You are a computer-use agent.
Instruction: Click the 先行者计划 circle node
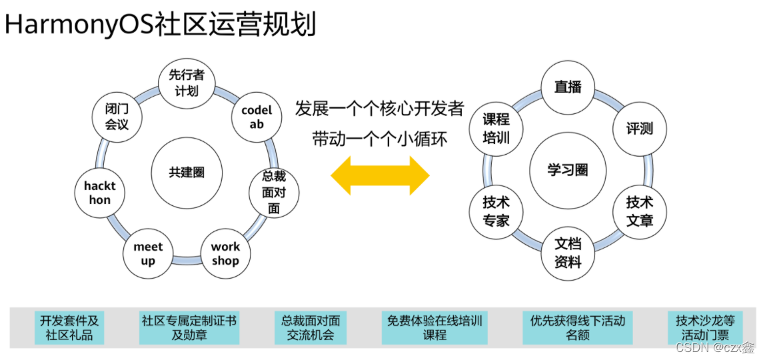[187, 83]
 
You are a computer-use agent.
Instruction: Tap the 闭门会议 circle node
[117, 117]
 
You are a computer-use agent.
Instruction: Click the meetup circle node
[148, 253]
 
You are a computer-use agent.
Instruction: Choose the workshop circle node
[225, 253]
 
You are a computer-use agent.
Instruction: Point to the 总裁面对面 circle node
[273, 192]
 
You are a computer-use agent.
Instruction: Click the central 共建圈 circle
[187, 172]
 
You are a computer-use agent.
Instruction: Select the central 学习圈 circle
[568, 170]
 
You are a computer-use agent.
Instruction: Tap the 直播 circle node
[568, 87]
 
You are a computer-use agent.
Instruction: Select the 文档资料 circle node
[568, 253]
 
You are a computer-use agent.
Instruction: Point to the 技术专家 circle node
[496, 211]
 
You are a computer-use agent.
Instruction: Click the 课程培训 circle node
[496, 129]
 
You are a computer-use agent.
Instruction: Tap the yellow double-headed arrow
[381, 176]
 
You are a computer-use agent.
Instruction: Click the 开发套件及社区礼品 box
[69, 327]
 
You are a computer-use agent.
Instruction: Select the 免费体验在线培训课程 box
[434, 327]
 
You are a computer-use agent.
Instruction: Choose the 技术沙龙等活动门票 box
[705, 327]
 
